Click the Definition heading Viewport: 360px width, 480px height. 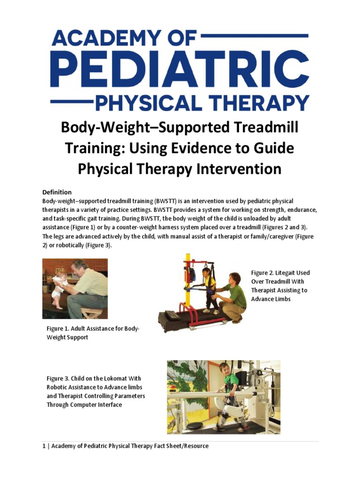click(x=57, y=192)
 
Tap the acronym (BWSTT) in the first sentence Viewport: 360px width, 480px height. click(x=160, y=201)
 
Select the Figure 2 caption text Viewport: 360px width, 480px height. click(x=280, y=285)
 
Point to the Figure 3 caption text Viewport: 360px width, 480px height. click(x=96, y=391)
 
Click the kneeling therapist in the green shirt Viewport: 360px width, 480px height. click(x=232, y=298)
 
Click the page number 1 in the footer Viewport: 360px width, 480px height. click(x=44, y=446)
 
